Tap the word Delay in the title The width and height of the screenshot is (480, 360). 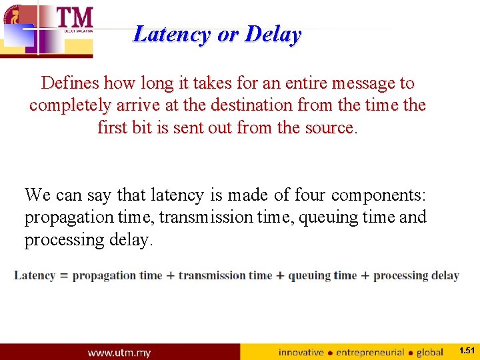pyautogui.click(x=273, y=33)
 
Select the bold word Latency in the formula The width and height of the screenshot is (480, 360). pyautogui.click(x=35, y=275)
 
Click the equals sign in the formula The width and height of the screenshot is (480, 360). pyautogui.click(x=64, y=276)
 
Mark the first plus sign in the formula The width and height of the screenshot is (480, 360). pyautogui.click(x=171, y=276)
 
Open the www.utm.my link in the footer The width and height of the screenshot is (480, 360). pyautogui.click(x=119, y=352)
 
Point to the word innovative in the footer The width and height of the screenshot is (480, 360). pyautogui.click(x=301, y=352)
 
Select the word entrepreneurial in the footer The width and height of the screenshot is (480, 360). pyautogui.click(x=370, y=352)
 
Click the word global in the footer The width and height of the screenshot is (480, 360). pyautogui.click(x=429, y=352)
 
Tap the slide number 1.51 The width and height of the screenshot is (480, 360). pyautogui.click(x=467, y=351)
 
